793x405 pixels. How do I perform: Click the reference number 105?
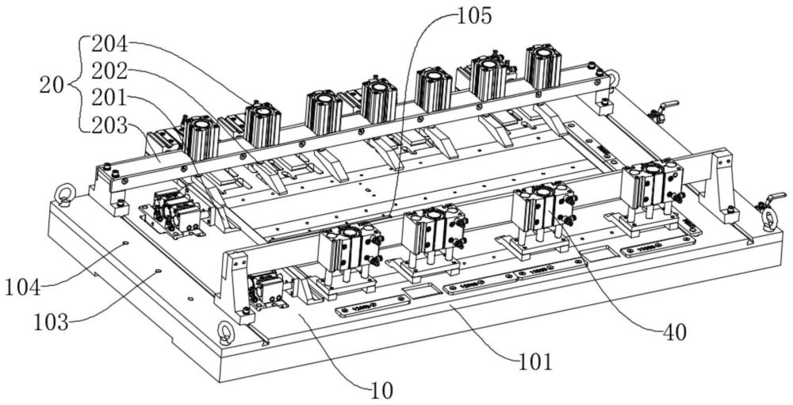(x=474, y=14)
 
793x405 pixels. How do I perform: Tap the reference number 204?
(x=110, y=44)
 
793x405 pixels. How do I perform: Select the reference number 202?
(x=110, y=71)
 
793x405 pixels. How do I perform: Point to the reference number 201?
(x=110, y=98)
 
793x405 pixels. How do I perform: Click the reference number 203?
(x=110, y=125)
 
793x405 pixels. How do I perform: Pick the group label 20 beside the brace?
(x=53, y=86)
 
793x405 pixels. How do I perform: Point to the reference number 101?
(x=534, y=362)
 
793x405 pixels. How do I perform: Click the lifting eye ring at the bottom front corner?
(x=226, y=333)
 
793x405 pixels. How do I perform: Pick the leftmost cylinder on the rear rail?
(x=201, y=136)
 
